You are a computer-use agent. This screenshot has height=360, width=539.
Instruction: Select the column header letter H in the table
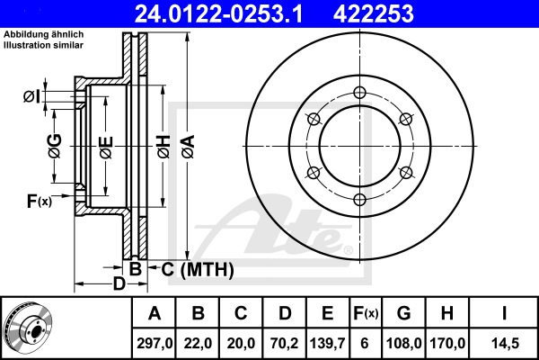(x=447, y=313)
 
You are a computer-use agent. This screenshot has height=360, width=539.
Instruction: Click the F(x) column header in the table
(x=366, y=313)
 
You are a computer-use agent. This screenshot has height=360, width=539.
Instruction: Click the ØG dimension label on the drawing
(x=55, y=144)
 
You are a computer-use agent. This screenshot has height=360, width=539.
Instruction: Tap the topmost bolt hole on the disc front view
(x=359, y=92)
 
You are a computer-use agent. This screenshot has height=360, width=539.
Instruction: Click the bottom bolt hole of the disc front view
(x=359, y=200)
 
